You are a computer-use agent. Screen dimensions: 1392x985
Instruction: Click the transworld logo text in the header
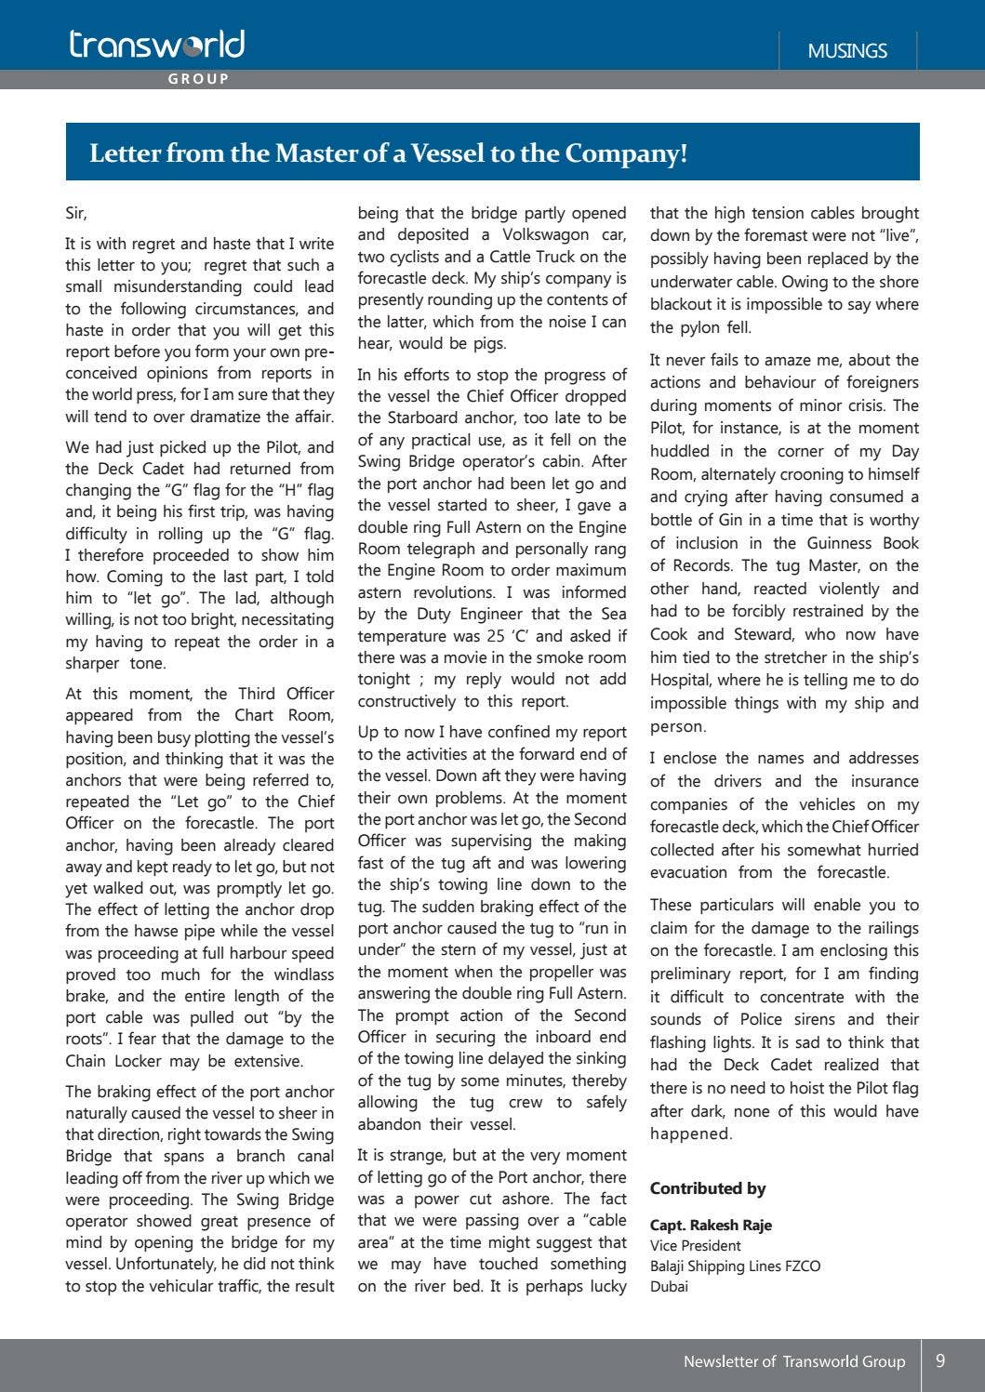pos(156,45)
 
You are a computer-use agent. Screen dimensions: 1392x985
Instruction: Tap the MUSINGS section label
pos(846,51)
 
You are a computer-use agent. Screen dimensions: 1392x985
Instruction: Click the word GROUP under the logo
pos(198,79)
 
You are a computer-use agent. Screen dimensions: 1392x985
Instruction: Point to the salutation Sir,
pos(76,214)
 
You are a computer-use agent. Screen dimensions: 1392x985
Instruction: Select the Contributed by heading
pos(707,1188)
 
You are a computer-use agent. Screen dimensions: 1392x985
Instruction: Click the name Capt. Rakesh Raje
pos(711,1226)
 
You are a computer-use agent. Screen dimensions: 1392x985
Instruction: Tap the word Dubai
pos(670,1287)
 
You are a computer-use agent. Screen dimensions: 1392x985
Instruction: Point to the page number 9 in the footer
pos(940,1360)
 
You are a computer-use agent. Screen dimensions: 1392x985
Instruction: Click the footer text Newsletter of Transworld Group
pos(793,1361)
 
